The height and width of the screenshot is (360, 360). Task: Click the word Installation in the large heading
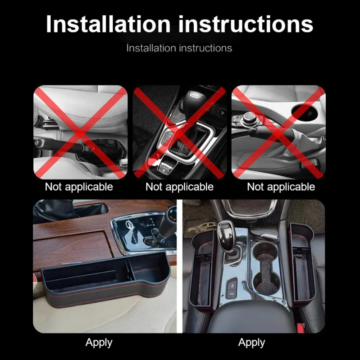[108, 24]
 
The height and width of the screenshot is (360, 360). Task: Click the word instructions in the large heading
[246, 24]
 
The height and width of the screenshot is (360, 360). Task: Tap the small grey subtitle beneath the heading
[179, 48]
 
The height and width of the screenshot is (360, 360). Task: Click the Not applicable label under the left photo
[79, 187]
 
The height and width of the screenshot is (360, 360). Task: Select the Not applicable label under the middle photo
[180, 187]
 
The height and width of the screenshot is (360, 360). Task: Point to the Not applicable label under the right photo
[281, 187]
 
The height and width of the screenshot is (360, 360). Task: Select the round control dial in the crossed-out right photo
[249, 117]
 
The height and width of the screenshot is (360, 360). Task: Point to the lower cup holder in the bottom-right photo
[266, 282]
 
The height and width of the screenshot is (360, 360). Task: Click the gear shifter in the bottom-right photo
[227, 237]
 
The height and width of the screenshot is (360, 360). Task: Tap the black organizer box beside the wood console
[106, 280]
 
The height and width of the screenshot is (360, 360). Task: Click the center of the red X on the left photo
[80, 133]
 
